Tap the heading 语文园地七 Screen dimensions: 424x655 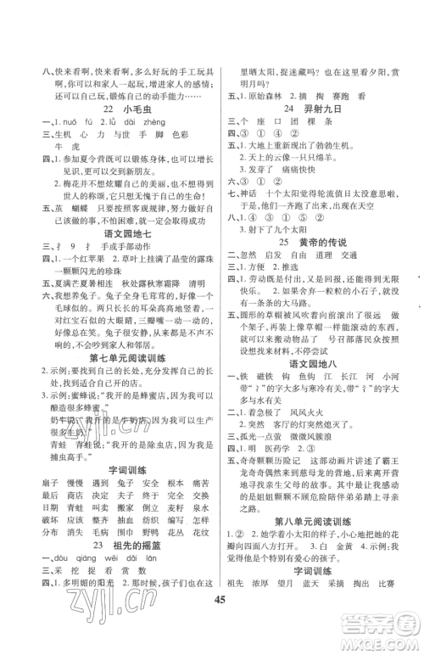(109, 261)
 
